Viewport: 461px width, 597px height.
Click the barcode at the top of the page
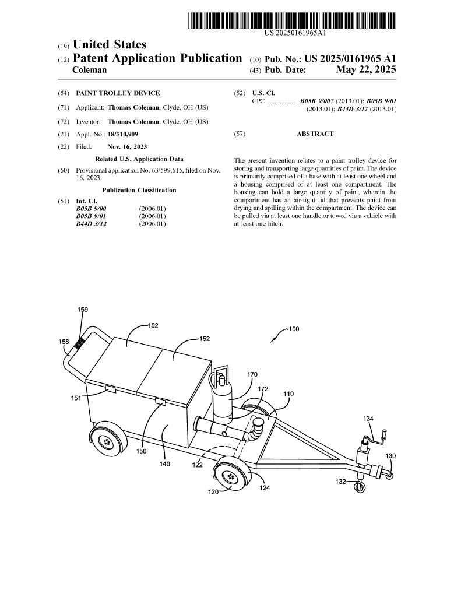click(x=293, y=20)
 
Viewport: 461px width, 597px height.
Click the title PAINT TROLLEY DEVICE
click(x=118, y=93)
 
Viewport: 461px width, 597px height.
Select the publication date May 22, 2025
click(x=366, y=70)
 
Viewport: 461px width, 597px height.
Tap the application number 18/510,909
click(x=123, y=134)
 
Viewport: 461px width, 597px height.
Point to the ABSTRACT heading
click(x=315, y=134)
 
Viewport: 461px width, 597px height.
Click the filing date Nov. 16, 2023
click(x=127, y=147)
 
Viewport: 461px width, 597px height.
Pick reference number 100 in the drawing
click(x=294, y=329)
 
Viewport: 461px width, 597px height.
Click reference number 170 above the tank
click(x=252, y=374)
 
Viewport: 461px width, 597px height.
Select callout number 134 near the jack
click(x=368, y=418)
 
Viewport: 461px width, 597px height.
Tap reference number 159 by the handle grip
click(x=83, y=310)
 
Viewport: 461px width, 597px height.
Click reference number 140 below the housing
click(x=164, y=464)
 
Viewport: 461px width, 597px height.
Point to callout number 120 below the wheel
click(x=214, y=492)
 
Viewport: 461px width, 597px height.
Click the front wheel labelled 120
click(x=233, y=476)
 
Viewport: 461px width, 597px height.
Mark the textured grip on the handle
click(x=78, y=341)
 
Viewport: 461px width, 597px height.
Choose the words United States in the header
click(x=109, y=45)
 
